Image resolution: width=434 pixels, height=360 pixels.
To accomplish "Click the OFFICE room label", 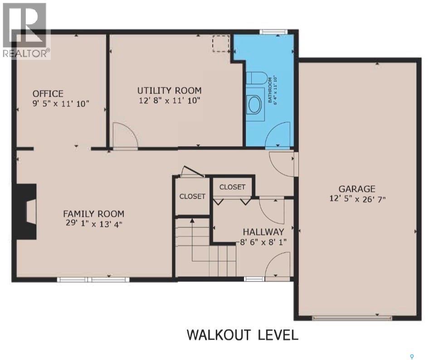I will pos(48,93).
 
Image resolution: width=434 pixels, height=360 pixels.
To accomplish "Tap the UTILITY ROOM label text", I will pos(170,91).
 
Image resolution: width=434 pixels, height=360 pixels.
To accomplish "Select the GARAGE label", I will pos(357,189).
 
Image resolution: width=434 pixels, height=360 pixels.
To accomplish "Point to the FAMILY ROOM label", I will pos(93,214).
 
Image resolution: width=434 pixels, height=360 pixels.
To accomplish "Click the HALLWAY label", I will pos(263,232).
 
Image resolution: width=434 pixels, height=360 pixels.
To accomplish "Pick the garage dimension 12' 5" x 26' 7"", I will pos(357,199).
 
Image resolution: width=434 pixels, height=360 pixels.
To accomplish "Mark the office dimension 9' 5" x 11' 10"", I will pos(61,103).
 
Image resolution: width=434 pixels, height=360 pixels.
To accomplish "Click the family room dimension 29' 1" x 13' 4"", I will pos(93,223).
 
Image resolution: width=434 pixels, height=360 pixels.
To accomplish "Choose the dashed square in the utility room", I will pos(221,44).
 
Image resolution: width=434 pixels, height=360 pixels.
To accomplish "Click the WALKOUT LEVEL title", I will pos(243,335).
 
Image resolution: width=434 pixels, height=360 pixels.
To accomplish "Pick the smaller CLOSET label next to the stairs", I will pos(192,196).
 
